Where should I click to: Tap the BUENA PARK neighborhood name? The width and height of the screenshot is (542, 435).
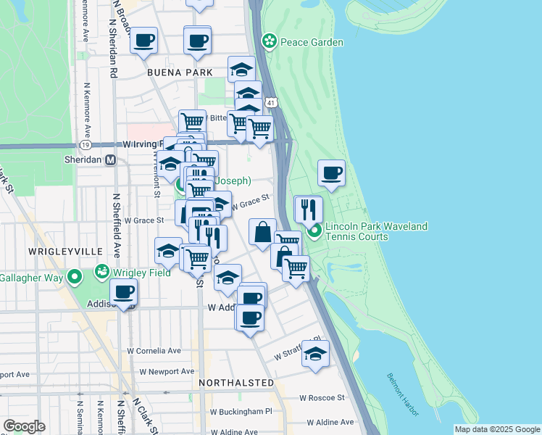tap(180, 72)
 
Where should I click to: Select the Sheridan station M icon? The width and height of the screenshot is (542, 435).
tap(111, 160)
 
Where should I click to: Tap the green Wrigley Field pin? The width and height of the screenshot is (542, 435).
tap(101, 273)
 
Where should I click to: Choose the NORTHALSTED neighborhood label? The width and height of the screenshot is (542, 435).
tap(236, 382)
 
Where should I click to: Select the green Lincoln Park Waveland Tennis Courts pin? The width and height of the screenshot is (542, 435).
tap(314, 232)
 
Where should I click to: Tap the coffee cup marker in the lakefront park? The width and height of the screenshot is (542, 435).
tap(331, 173)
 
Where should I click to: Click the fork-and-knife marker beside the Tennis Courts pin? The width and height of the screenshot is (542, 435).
tap(309, 210)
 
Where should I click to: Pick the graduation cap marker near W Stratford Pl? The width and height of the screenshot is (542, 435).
tap(315, 355)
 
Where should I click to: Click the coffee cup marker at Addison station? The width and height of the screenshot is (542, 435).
tap(123, 293)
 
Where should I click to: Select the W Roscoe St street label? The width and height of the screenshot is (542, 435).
tap(324, 398)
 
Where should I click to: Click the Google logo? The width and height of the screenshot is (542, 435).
tap(24, 426)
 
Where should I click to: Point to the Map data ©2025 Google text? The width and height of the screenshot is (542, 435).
tap(496, 429)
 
